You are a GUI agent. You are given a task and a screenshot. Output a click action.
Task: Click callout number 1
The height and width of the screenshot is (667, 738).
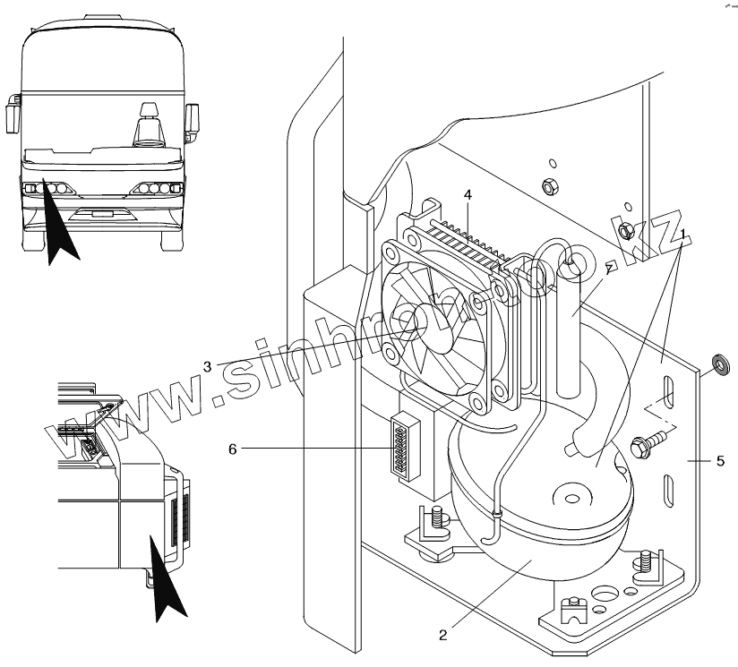coord(683,235)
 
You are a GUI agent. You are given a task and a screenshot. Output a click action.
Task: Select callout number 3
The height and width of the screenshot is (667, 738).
coord(207,365)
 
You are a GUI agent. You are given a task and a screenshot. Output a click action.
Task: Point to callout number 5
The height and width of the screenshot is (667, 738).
coord(719,463)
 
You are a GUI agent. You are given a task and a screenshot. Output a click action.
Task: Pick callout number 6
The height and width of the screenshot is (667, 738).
coord(232,449)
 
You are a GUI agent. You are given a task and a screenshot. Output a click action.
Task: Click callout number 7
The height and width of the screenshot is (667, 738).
coord(608,268)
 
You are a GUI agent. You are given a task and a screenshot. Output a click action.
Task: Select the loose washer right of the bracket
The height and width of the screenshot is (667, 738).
coord(718,364)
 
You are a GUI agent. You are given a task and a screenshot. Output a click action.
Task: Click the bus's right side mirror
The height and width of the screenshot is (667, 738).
coord(191,115)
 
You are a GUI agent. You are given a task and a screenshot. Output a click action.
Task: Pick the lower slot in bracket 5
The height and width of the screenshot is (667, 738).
coord(669,490)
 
